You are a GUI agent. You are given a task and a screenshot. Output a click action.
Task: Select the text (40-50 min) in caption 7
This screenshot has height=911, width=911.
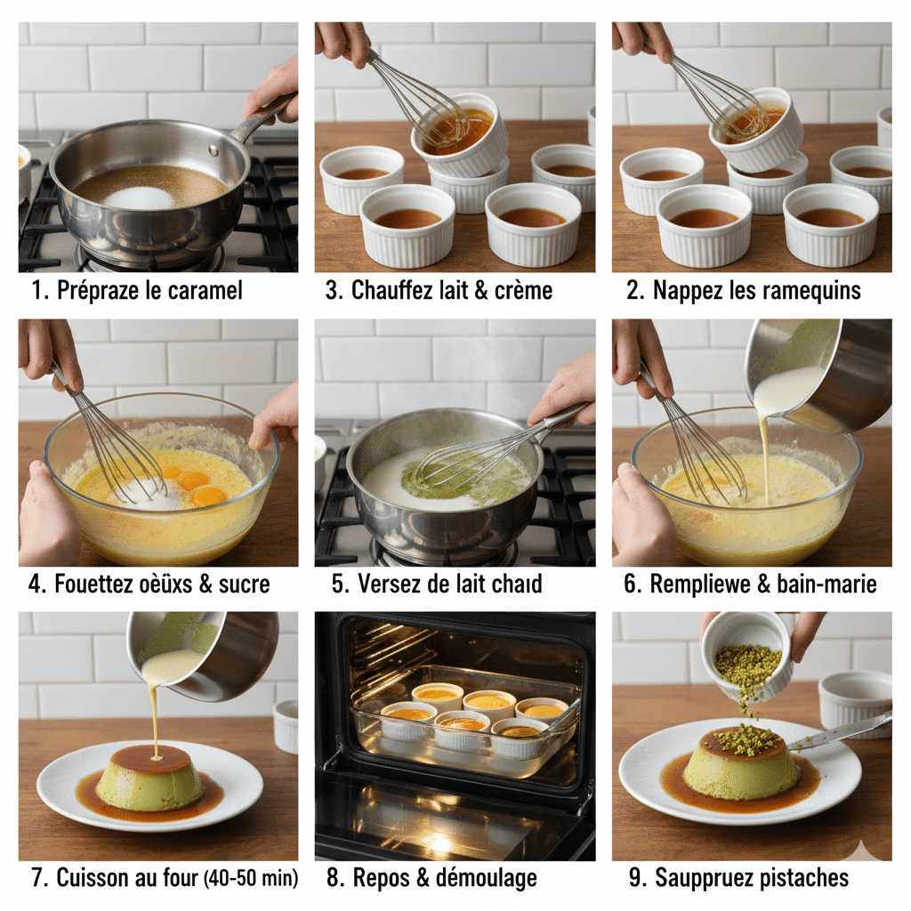coord(251,877)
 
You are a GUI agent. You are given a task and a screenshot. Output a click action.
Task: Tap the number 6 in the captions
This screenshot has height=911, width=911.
coord(631,584)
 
